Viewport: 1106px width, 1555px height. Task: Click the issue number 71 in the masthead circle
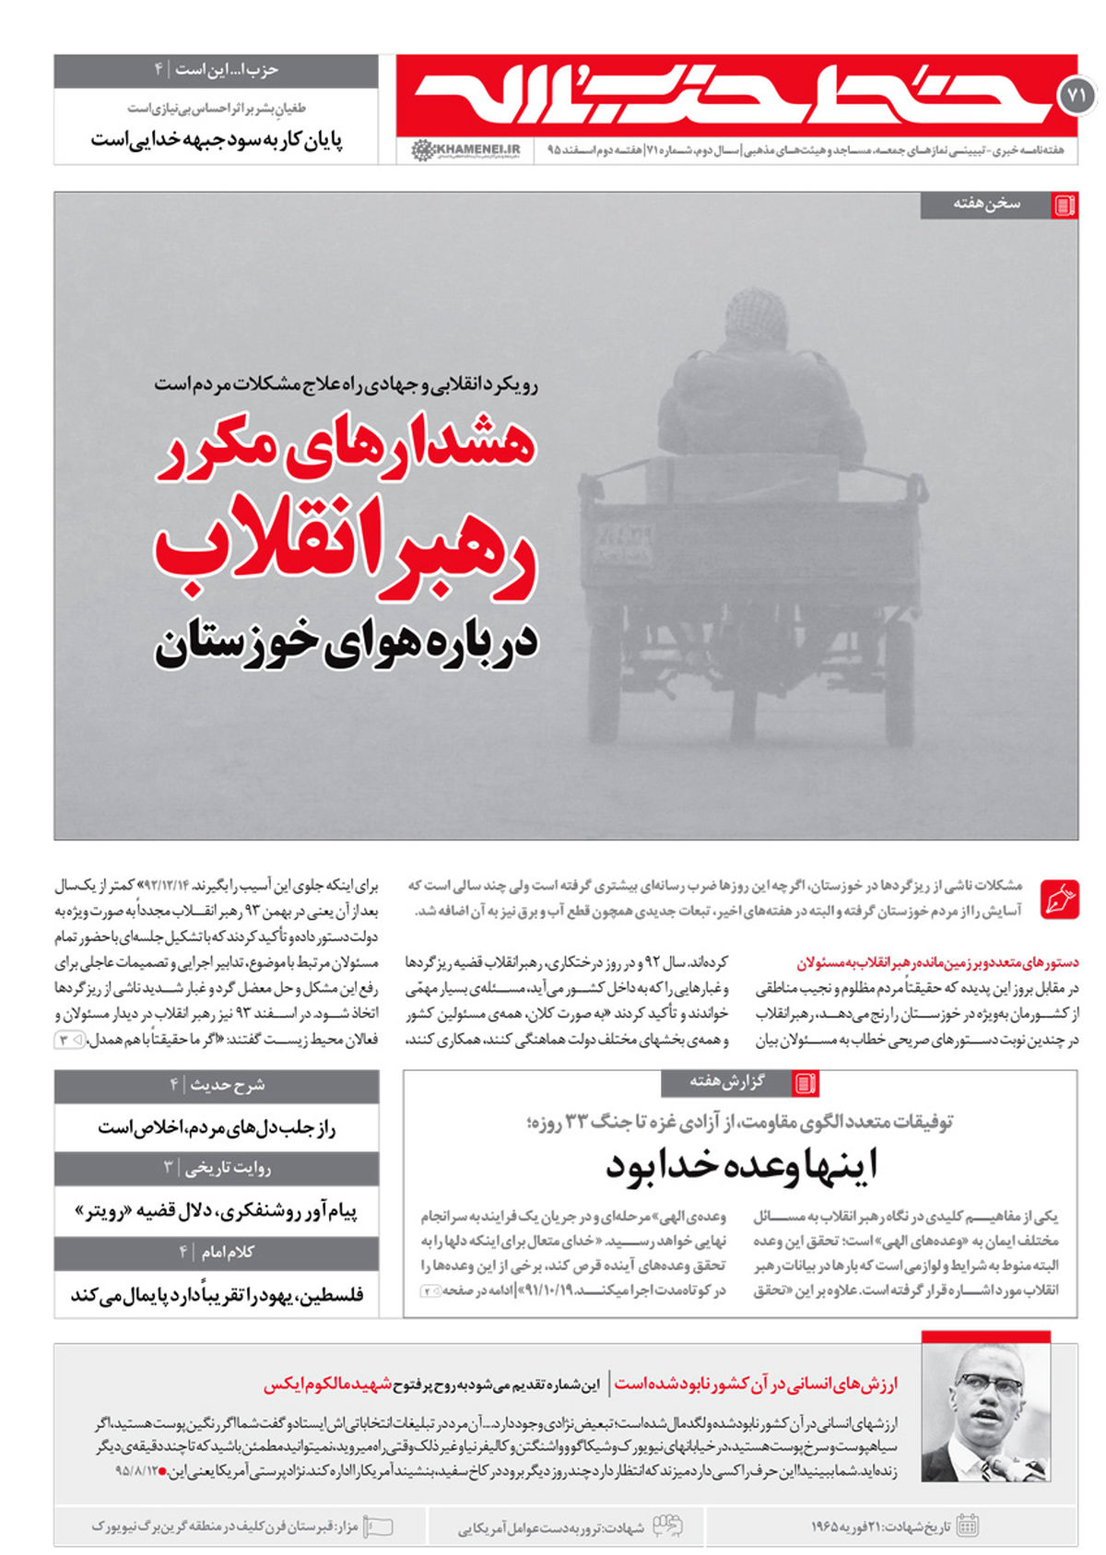point(1076,95)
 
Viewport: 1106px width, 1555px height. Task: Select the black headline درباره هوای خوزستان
point(346,642)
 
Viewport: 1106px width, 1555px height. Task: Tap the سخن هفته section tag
point(987,204)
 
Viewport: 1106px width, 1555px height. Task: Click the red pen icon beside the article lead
point(1059,899)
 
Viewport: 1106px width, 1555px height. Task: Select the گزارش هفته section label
point(727,1081)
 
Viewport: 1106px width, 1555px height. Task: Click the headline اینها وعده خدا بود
point(741,1164)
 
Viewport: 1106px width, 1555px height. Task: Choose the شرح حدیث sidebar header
point(227,1085)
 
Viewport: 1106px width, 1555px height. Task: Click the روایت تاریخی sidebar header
point(227,1168)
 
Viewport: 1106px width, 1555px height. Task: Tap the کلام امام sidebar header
point(227,1252)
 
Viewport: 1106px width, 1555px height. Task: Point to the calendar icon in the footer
point(967,1526)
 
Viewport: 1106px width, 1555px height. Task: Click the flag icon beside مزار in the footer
point(379,1526)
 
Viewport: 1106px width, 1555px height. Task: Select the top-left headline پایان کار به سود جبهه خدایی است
point(217,140)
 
